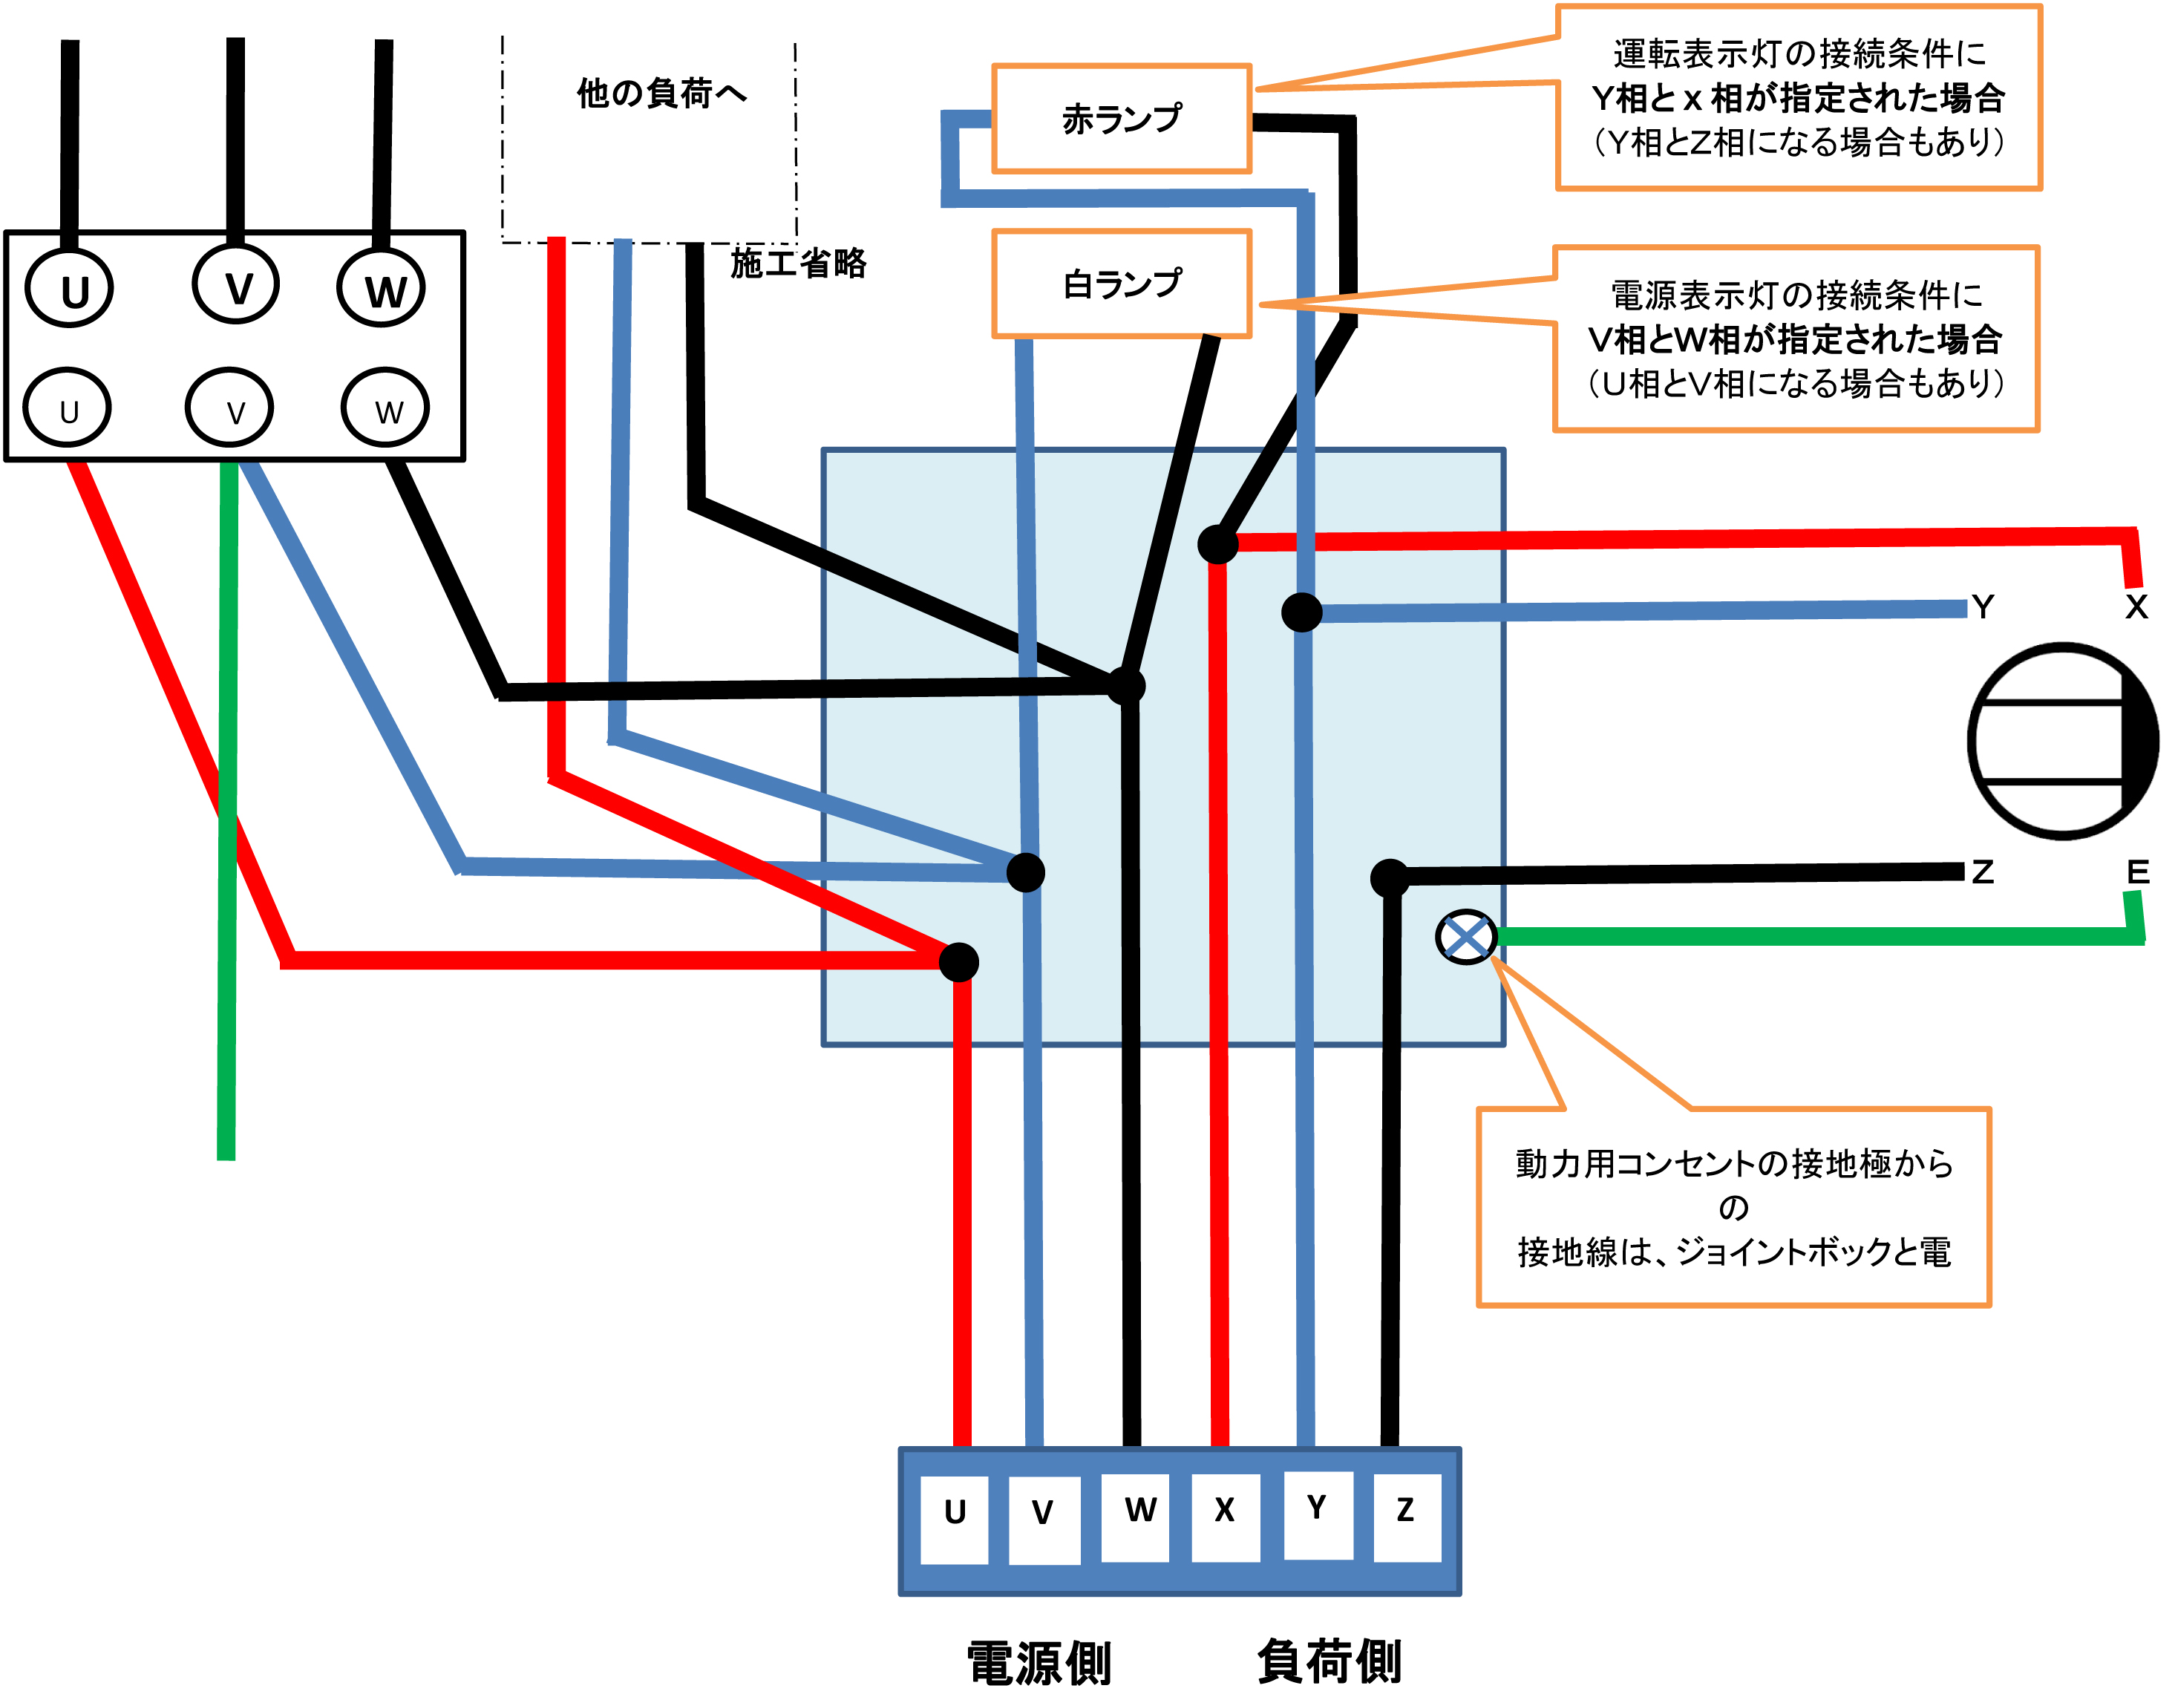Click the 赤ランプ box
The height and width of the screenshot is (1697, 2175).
click(x=1122, y=119)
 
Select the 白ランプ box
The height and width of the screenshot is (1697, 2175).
click(x=1122, y=284)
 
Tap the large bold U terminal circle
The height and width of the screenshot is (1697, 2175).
click(x=70, y=289)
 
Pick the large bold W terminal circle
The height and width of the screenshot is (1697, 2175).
click(x=382, y=289)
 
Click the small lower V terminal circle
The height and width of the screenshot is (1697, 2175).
click(x=230, y=408)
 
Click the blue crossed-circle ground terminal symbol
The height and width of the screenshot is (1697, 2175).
click(x=1466, y=936)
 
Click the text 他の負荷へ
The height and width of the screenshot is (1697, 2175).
click(x=661, y=94)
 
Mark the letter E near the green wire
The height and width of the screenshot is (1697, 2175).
click(x=2137, y=872)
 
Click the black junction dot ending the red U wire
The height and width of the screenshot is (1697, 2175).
click(x=959, y=962)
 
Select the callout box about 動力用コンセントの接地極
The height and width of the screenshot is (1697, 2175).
click(x=1733, y=1207)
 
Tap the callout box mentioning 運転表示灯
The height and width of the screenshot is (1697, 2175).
click(x=1799, y=97)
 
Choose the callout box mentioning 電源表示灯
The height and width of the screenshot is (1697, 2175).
click(x=1796, y=339)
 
